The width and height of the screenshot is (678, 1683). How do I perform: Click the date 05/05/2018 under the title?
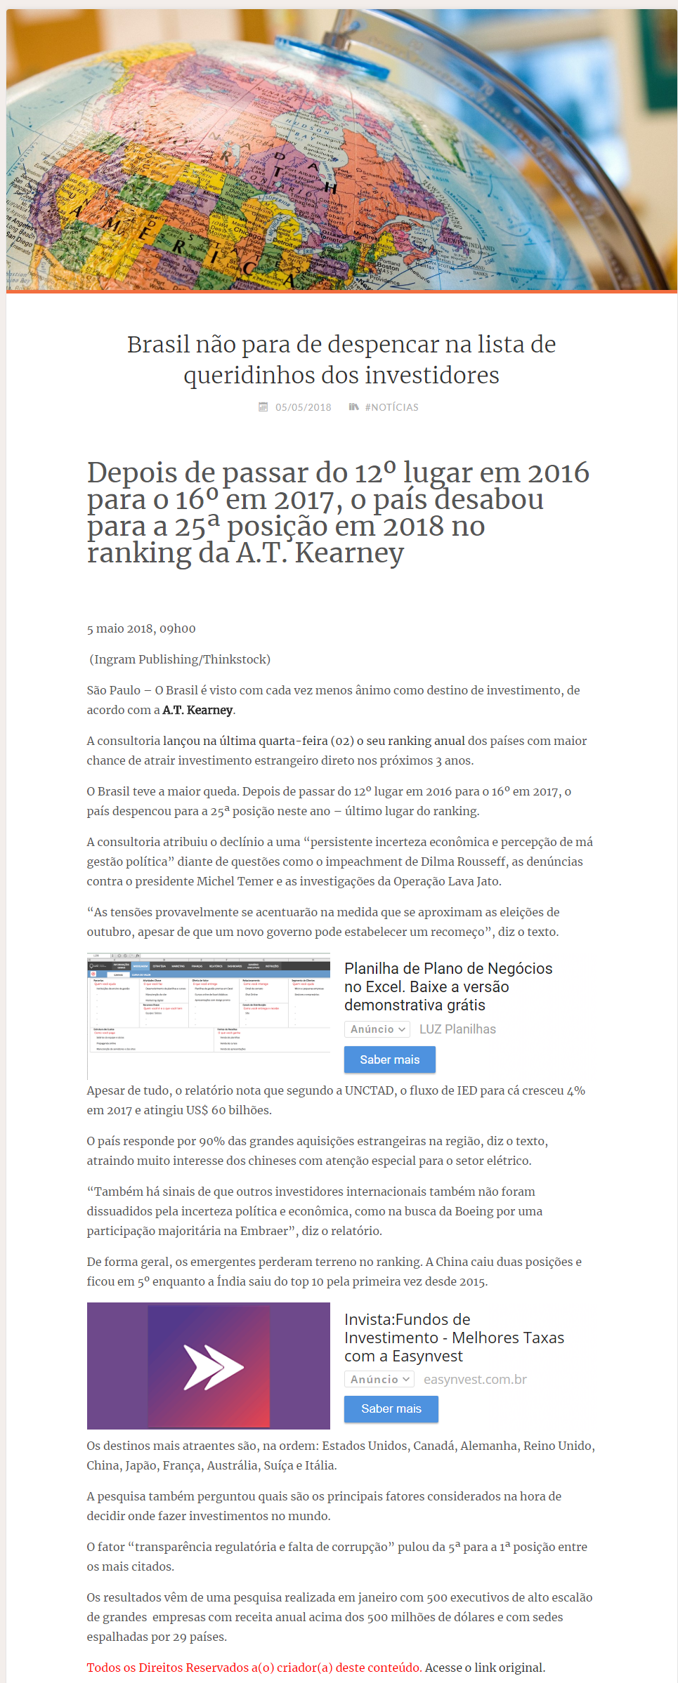pyautogui.click(x=303, y=407)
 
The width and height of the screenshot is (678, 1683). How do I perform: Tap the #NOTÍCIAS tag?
pyautogui.click(x=391, y=407)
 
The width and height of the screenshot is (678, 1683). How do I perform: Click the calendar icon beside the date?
pyautogui.click(x=263, y=407)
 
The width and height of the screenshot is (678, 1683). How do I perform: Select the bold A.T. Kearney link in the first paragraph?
pyautogui.click(x=197, y=710)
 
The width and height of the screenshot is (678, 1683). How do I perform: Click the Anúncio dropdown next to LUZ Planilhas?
pyautogui.click(x=377, y=1029)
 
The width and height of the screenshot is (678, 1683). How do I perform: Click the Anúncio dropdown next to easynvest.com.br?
pyautogui.click(x=379, y=1379)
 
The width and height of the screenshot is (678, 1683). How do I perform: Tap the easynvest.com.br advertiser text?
pyautogui.click(x=475, y=1379)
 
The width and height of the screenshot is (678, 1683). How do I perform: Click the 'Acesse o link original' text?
pyautogui.click(x=485, y=1668)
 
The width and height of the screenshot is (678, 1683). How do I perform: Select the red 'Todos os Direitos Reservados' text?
pyautogui.click(x=254, y=1668)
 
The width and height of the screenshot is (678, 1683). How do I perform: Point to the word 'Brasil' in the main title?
pyautogui.click(x=158, y=345)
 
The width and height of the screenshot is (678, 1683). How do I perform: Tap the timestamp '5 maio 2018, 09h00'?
pyautogui.click(x=141, y=628)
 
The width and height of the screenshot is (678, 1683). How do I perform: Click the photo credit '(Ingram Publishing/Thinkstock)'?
pyautogui.click(x=180, y=659)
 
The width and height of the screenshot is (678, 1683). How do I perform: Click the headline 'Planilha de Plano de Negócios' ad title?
pyautogui.click(x=448, y=969)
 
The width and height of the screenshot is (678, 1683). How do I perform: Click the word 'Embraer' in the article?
pyautogui.click(x=264, y=1231)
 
